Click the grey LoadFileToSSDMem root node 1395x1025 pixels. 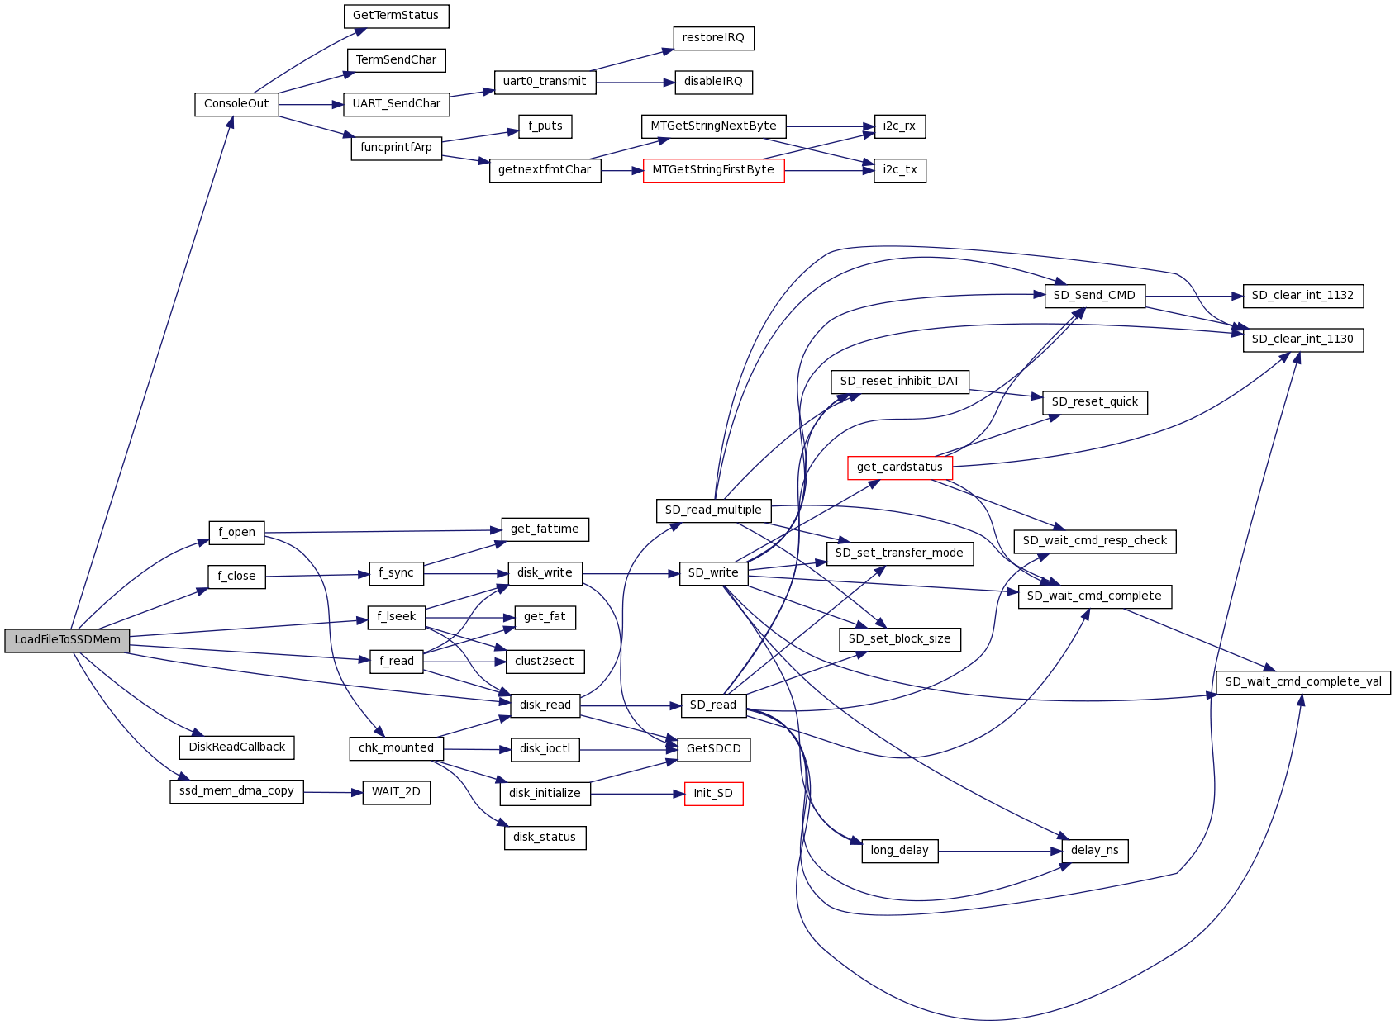(67, 640)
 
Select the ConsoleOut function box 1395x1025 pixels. (236, 104)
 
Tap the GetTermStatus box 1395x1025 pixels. (396, 16)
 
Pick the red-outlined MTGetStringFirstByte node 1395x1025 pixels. (713, 170)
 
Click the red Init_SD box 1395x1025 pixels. (713, 794)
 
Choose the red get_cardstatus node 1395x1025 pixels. (899, 467)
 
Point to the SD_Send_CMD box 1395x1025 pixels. (1094, 296)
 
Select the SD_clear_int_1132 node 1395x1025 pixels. (1302, 296)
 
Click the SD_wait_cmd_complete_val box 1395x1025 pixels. (1302, 682)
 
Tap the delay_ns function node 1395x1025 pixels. (1094, 851)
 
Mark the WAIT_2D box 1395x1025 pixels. (396, 792)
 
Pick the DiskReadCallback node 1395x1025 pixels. (236, 747)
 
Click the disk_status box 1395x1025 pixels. (545, 838)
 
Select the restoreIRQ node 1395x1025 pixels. (713, 38)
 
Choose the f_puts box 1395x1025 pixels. (545, 126)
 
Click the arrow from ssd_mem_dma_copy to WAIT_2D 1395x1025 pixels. (333, 793)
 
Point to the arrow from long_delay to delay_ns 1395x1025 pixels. (1000, 851)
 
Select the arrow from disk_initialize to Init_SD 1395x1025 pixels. (637, 794)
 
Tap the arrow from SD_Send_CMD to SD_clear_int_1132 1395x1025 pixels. (1194, 296)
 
